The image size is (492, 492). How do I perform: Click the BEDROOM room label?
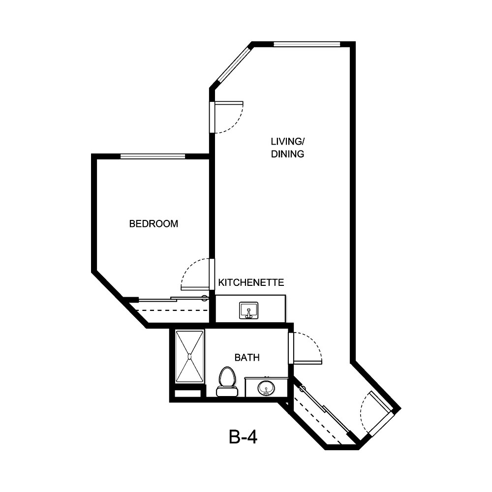pyautogui.click(x=154, y=224)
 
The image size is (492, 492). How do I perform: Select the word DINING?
pyautogui.click(x=287, y=154)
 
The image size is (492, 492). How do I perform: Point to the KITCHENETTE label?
pyautogui.click(x=251, y=282)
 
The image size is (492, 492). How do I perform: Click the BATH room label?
pyautogui.click(x=247, y=358)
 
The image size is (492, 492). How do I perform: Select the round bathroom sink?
pyautogui.click(x=266, y=387)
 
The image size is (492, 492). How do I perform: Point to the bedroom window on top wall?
pyautogui.click(x=153, y=156)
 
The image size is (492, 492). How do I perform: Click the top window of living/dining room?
pyautogui.click(x=307, y=44)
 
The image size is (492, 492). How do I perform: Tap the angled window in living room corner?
pyautogui.click(x=234, y=64)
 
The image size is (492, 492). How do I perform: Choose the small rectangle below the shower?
pyautogui.click(x=187, y=394)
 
